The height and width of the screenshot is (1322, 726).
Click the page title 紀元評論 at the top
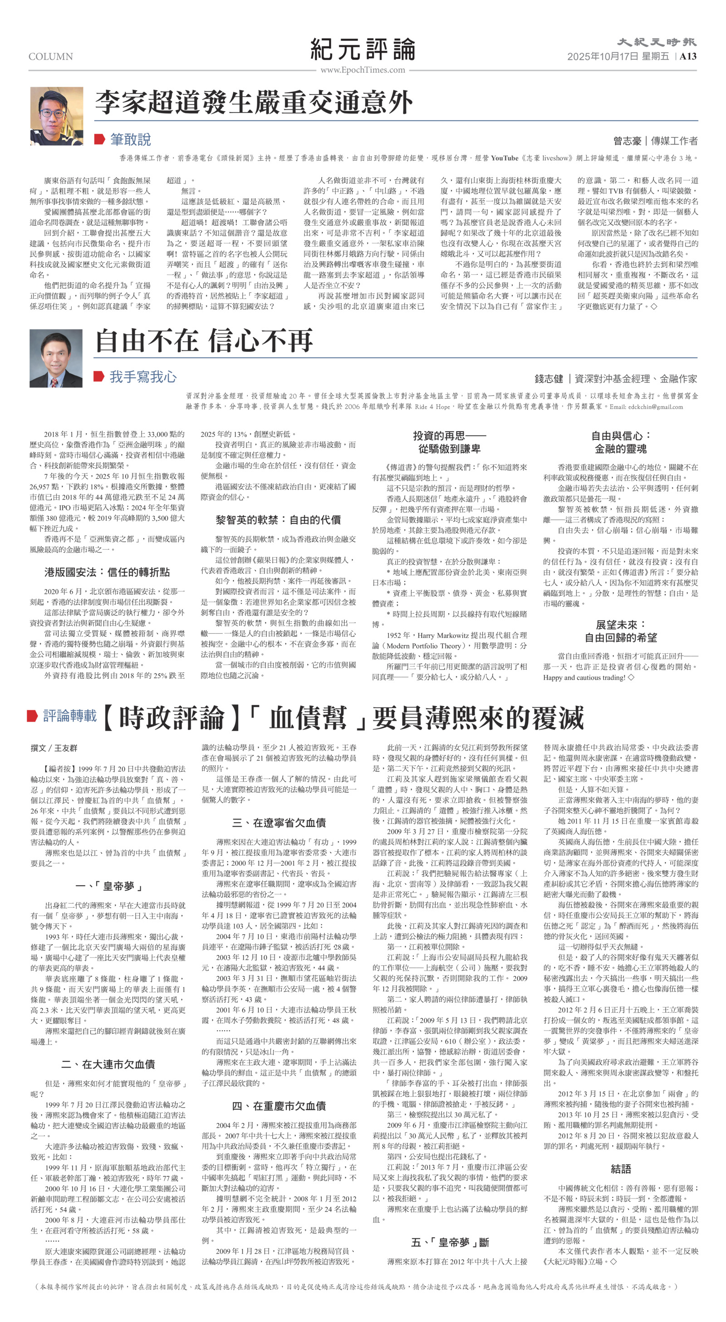click(x=362, y=49)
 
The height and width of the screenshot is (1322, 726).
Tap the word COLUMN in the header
click(x=51, y=56)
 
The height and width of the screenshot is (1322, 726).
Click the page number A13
click(x=688, y=56)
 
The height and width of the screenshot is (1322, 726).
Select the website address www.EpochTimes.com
click(x=362, y=70)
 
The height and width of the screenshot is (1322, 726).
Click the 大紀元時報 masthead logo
click(x=656, y=42)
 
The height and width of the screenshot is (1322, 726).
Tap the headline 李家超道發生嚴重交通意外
click(x=254, y=102)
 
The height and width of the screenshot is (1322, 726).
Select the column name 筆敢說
click(x=130, y=139)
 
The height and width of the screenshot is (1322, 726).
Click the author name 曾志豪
click(x=627, y=141)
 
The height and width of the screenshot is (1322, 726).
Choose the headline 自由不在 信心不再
click(x=204, y=341)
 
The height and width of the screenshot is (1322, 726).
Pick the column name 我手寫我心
click(x=142, y=377)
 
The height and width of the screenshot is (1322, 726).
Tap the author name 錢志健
click(x=549, y=379)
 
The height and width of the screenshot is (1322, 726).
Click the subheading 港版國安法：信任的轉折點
click(x=107, y=572)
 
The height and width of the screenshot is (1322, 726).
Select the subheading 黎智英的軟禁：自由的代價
click(x=278, y=519)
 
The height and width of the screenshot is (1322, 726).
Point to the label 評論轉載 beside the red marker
click(x=69, y=716)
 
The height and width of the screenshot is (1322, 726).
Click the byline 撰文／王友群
click(x=54, y=748)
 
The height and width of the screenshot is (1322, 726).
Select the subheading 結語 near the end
click(x=621, y=1169)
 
